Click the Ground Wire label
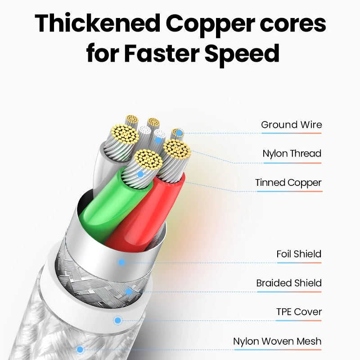click(x=292, y=125)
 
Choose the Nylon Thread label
click(x=292, y=153)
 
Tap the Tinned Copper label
click(x=288, y=183)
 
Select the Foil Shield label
click(x=299, y=254)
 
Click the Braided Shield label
click(x=289, y=283)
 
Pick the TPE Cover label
click(x=299, y=312)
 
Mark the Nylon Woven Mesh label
click(x=277, y=341)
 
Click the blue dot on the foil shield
click(x=121, y=262)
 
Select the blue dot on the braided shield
click(x=129, y=292)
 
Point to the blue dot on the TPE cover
click(x=118, y=320)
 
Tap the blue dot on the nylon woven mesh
click(x=80, y=349)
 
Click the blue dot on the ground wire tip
click(x=179, y=133)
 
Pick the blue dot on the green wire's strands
click(x=140, y=174)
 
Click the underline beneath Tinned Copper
click(x=289, y=191)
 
